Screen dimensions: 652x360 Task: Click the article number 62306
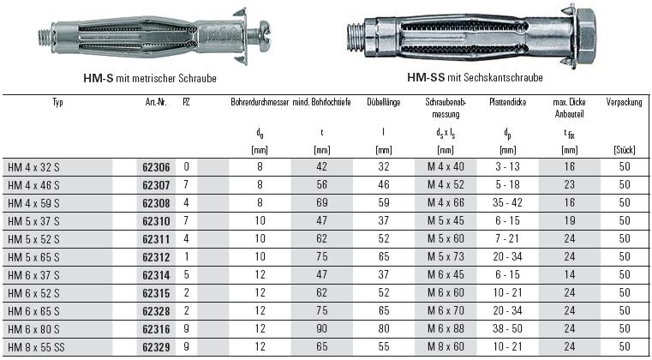[x=156, y=167]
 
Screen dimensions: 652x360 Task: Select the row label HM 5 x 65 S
[x=33, y=257]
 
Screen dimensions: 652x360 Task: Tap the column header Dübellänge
[x=383, y=102]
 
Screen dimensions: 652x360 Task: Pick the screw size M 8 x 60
[x=446, y=346]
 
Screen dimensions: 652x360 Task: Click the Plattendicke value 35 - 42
[x=508, y=203]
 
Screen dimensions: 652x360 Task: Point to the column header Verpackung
[x=624, y=102]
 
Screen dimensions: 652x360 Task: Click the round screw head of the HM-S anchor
[x=265, y=31]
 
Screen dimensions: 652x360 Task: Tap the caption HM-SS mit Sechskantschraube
[x=475, y=77]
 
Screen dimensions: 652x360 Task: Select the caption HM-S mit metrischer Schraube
[x=150, y=78]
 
